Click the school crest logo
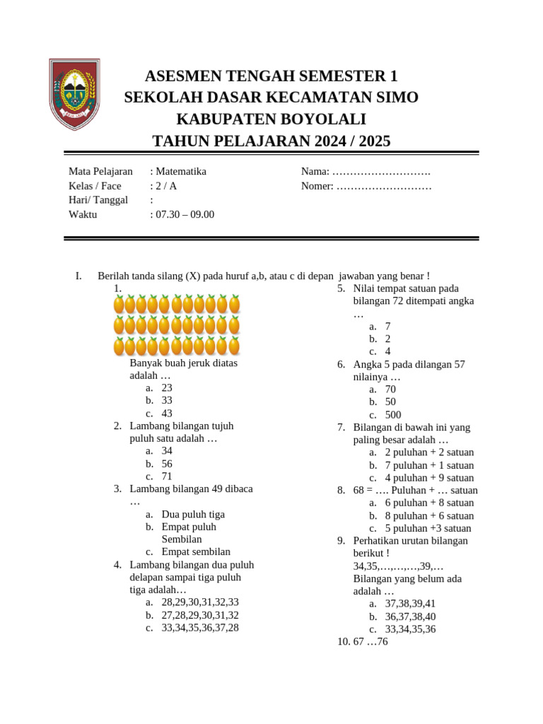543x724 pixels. tap(74, 94)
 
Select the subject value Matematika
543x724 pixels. tap(181, 171)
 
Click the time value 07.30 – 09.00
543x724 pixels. tap(185, 214)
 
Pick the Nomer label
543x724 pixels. tap(317, 186)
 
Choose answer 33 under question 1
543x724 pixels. tap(167, 400)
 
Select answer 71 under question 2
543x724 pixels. tap(167, 477)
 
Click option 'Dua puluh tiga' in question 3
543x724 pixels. tap(193, 514)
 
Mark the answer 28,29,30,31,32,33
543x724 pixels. tap(200, 602)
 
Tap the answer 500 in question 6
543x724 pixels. tap(393, 415)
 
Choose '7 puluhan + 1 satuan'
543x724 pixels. tap(429, 465)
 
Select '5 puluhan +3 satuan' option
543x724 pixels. tap(428, 528)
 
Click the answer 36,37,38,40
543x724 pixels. tap(410, 617)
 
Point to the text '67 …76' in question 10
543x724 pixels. tap(370, 642)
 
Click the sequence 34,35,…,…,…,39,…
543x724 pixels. tap(398, 566)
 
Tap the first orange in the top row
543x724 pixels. tap(119, 304)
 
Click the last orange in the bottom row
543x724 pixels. tap(234, 346)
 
